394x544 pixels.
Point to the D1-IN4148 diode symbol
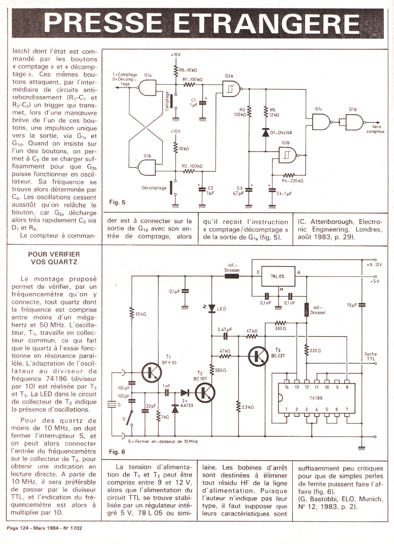click(x=266, y=133)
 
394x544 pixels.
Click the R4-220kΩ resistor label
click(x=292, y=181)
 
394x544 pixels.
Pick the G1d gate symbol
click(x=354, y=122)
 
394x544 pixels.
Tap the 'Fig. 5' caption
click(x=117, y=202)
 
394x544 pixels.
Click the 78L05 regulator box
click(x=278, y=276)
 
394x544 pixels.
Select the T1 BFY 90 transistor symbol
click(x=152, y=372)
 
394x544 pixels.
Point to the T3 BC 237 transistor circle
click(x=258, y=356)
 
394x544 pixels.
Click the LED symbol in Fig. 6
click(x=212, y=308)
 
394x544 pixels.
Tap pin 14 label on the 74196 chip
click(x=287, y=387)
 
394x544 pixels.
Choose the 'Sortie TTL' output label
click(x=371, y=356)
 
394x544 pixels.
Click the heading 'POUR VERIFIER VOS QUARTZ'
click(x=54, y=258)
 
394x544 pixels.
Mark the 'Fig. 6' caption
click(x=117, y=452)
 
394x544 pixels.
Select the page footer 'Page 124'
click(x=17, y=528)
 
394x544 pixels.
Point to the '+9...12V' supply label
click(x=374, y=265)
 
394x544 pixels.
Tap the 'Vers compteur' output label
click(x=376, y=129)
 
